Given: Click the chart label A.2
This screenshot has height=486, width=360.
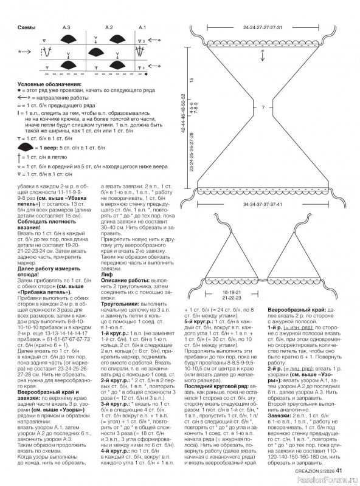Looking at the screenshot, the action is point(109,28).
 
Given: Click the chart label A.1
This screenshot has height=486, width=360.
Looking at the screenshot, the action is point(142,28).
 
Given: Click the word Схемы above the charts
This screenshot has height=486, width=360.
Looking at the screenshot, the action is point(26,28).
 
